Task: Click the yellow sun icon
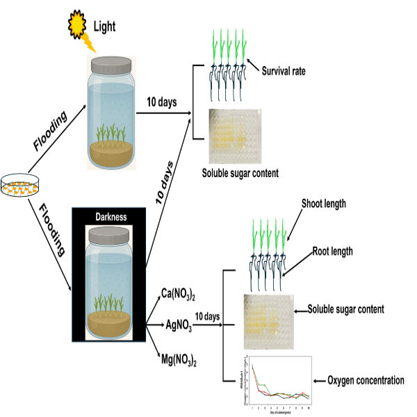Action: [x=76, y=24]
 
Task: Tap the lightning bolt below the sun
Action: [x=89, y=43]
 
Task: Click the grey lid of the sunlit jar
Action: [x=111, y=65]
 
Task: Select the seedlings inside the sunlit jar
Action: [x=111, y=132]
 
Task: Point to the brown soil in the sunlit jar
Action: [x=111, y=154]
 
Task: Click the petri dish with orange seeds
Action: [x=19, y=186]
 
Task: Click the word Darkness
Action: [x=111, y=217]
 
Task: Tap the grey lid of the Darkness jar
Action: [x=109, y=236]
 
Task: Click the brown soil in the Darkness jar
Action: [x=109, y=324]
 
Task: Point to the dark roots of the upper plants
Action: [x=228, y=82]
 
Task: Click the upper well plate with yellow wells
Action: [x=235, y=136]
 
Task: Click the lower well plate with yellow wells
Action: [x=268, y=321]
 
